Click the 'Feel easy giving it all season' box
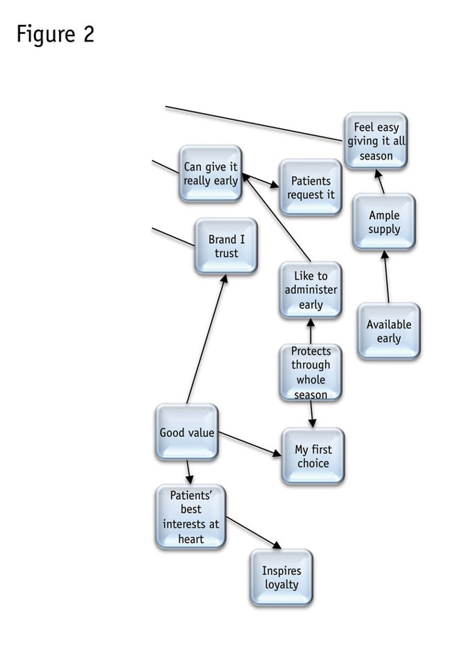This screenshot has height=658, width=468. point(376,142)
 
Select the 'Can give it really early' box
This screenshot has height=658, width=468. point(210,173)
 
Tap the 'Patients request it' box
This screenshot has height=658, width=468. point(311,188)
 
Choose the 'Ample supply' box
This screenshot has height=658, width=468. point(383,223)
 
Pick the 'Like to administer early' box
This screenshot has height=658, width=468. point(311,290)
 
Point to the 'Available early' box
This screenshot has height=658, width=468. point(388,331)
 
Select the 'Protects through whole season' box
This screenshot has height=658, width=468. point(311,372)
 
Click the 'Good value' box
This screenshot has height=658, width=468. point(187,433)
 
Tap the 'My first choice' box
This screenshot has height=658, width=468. point(312,456)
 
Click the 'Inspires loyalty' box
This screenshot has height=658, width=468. point(281,578)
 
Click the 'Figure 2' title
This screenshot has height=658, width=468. point(55,34)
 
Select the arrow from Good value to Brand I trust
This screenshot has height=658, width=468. point(205,340)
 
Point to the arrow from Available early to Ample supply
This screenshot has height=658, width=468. point(385,277)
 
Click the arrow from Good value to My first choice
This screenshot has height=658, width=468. point(249,444)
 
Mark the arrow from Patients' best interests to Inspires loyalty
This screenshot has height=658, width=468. point(253,533)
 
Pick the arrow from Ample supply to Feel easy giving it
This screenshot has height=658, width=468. point(381,182)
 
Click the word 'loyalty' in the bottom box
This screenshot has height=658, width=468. point(281,585)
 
